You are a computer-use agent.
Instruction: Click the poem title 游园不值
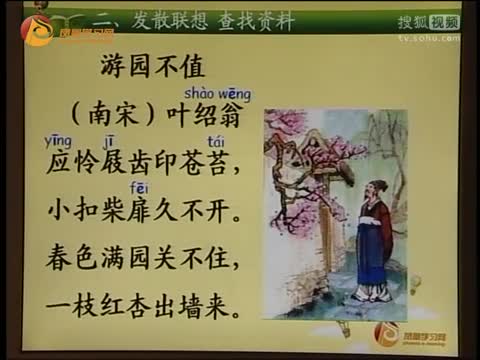point(152,67)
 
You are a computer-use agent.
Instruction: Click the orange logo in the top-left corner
point(40,28)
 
